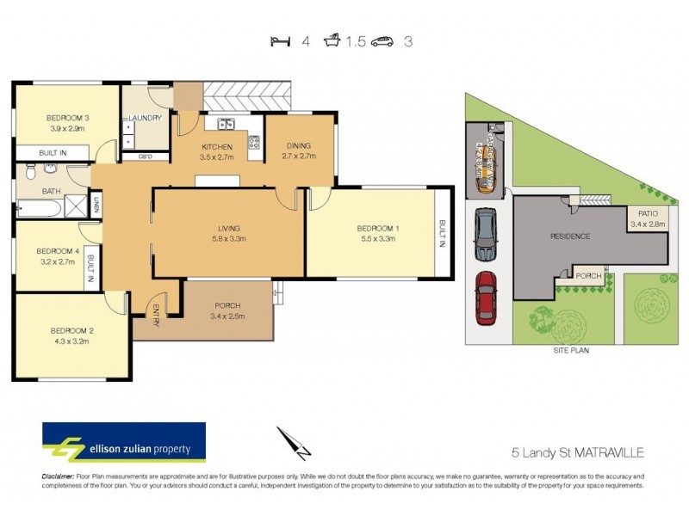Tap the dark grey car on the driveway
coord(486,236)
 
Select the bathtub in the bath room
coord(39,207)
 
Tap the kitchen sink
coord(226,124)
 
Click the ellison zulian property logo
coord(124,444)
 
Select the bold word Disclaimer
coord(58,476)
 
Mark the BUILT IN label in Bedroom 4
coord(90,267)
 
